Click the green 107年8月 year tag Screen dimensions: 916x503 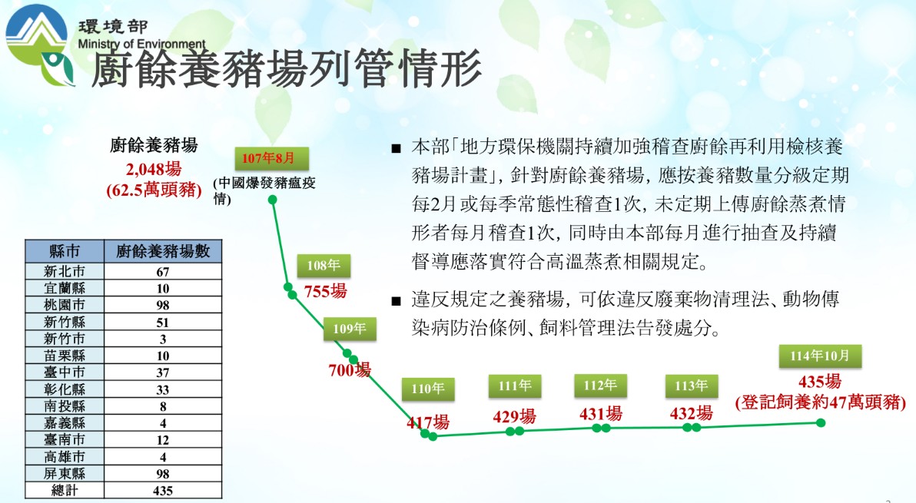[271, 158]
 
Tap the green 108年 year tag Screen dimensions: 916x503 [324, 266]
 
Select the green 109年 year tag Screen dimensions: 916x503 [350, 329]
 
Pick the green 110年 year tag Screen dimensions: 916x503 [427, 389]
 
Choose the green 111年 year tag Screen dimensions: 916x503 [515, 386]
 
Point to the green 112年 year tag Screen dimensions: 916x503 [600, 386]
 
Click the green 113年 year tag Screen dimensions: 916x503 [691, 386]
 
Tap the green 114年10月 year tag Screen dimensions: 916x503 [820, 356]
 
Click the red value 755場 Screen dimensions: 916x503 [325, 290]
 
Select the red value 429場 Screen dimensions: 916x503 [514, 416]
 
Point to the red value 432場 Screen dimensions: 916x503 [691, 414]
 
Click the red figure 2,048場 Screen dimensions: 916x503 [154, 169]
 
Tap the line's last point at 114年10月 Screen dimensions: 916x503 [821, 422]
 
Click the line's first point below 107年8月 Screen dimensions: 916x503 [272, 200]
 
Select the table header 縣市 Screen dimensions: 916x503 [65, 251]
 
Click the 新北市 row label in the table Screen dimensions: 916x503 [65, 271]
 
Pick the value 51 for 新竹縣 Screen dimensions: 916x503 [162, 322]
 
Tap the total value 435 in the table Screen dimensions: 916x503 [162, 491]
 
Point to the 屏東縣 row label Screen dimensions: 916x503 [65, 473]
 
